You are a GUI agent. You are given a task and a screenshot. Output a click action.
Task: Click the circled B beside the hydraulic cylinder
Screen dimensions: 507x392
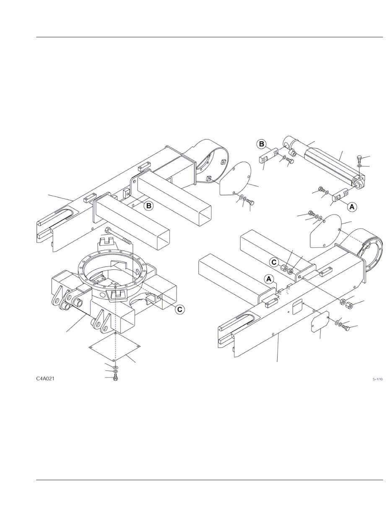[261, 144]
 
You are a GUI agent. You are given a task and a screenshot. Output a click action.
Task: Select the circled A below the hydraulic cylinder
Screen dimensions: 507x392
[352, 206]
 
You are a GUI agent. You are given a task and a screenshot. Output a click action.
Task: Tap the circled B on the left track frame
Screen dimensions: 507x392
[148, 206]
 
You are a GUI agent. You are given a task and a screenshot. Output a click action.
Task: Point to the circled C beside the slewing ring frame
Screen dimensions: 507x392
[179, 309]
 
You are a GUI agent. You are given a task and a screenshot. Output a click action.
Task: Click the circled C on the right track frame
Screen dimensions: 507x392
[274, 262]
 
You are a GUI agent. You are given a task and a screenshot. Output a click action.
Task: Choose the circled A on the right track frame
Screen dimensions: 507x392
[268, 279]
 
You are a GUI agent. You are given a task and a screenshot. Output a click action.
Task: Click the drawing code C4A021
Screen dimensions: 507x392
[46, 379]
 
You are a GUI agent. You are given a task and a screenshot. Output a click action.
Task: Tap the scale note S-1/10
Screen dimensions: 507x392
[378, 379]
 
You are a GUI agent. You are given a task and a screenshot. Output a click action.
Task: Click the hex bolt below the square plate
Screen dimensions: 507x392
[116, 378]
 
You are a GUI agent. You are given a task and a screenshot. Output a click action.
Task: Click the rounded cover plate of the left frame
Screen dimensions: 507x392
[235, 179]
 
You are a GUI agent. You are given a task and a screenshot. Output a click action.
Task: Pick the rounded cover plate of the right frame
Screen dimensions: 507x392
[325, 231]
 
